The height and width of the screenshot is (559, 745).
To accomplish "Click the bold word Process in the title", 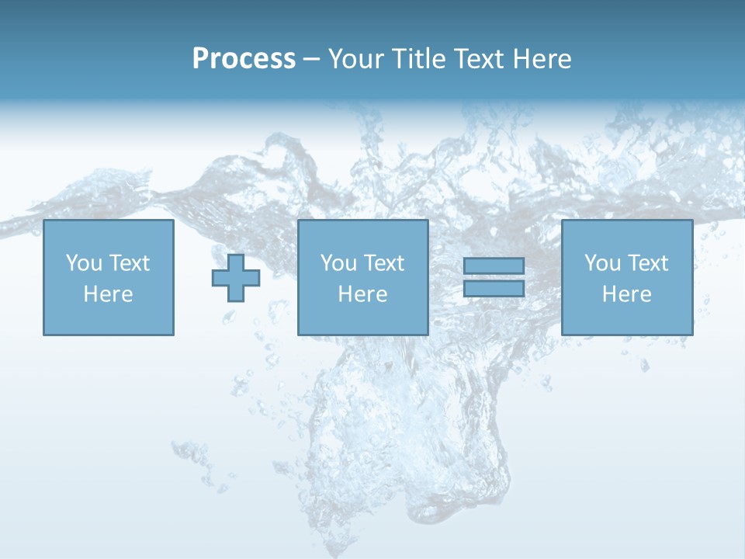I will [x=244, y=59].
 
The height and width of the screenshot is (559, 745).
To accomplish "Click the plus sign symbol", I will [x=236, y=278].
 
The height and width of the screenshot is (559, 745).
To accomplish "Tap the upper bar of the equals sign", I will [x=494, y=266].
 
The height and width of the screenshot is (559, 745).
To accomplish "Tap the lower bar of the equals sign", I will [x=494, y=289].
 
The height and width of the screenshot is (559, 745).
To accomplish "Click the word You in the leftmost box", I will [x=84, y=263].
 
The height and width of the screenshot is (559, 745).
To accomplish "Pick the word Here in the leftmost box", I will [x=108, y=294].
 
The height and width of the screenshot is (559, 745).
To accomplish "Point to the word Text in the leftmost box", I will [x=129, y=263].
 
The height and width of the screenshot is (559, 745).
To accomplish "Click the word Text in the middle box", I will [x=383, y=263].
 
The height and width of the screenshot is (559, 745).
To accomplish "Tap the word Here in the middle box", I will [x=362, y=294].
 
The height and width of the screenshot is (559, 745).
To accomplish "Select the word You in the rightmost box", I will [x=602, y=263].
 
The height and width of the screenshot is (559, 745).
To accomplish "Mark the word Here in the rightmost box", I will [x=626, y=294].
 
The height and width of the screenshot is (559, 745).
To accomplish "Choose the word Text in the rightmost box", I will [x=647, y=263].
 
